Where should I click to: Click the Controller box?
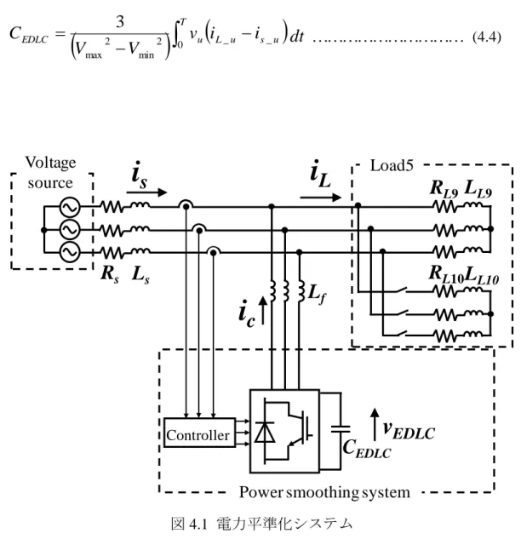200,433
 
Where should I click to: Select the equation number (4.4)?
487,37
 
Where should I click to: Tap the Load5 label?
392,166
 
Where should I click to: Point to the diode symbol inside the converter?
265,432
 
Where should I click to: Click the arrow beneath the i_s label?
146,192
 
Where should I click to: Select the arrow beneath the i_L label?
321,198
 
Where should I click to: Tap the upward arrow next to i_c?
263,311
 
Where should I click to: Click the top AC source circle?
70,207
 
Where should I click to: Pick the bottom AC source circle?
70,252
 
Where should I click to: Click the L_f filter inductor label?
317,295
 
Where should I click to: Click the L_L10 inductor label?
482,276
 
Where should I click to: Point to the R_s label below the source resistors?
110,275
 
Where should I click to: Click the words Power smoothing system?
324,492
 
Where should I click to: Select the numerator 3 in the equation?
119,22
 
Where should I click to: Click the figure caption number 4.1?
198,525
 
